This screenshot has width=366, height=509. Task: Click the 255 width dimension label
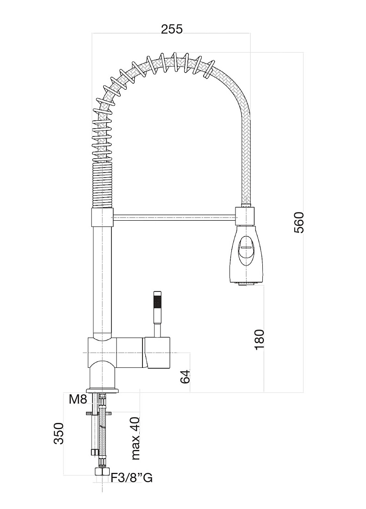[172, 29]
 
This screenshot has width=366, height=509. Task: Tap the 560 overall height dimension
[298, 223]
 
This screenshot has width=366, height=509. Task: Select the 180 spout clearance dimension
[259, 339]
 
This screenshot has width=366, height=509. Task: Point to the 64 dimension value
[185, 376]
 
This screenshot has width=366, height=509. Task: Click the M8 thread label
[78, 399]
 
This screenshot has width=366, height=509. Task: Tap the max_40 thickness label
[136, 438]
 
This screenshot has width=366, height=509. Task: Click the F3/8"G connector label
[132, 478]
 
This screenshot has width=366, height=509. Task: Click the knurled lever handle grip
[157, 301]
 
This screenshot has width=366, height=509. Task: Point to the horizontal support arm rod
[174, 217]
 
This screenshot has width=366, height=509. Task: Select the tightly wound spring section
[103, 185]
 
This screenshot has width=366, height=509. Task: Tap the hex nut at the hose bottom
[101, 472]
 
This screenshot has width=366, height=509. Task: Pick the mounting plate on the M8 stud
[99, 413]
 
